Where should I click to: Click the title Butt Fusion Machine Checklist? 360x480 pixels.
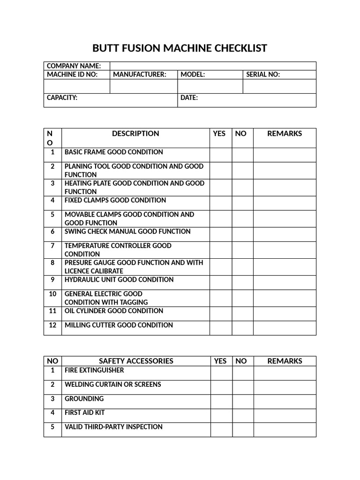coord(180,48)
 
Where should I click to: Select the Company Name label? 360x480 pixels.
coord(74,66)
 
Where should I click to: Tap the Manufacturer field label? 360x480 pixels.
coord(140,75)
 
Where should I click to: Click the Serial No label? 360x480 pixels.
coord(262,75)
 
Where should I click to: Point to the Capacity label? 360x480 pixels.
coord(62,97)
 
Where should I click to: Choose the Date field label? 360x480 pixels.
coord(189,97)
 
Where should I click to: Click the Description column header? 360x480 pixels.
coord(135,134)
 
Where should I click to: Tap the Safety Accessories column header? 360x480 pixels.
coord(136,361)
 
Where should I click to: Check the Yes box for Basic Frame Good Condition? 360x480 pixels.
coord(220,155)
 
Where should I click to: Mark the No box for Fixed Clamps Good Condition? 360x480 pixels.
coord(242,203)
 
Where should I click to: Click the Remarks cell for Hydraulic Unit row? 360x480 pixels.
coord(285,283)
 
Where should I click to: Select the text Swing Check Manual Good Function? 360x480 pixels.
coord(127,232)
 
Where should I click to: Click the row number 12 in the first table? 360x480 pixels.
coord(52,325)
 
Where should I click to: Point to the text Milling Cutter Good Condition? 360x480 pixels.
coord(119,325)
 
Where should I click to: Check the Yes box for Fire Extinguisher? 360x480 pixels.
coord(221,373)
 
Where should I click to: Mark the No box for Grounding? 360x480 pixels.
coord(243,402)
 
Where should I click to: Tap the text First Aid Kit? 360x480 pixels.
coord(84,413)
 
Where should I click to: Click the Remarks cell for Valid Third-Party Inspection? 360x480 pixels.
coord(285,430)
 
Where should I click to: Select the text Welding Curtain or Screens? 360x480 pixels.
coord(112,384)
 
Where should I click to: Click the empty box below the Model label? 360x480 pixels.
coord(210,86)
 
